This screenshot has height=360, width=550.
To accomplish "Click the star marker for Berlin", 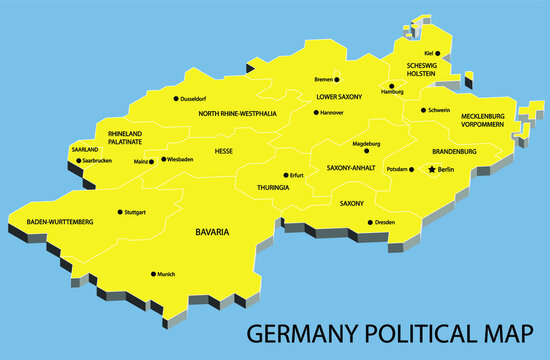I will pos(432,170).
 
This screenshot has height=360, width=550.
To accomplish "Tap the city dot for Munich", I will pos(154,274).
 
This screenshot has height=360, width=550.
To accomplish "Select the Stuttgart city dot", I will pos(120,212).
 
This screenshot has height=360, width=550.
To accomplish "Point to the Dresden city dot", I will pos(370,222).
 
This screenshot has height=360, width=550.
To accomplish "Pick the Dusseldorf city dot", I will pos(176,99).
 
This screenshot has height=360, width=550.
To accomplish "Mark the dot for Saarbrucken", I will pos(77,160).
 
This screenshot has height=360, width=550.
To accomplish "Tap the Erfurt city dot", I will pos(285,175).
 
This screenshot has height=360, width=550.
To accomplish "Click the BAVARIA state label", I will pos(211,232).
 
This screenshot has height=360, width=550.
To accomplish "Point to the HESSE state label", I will pos(224,151).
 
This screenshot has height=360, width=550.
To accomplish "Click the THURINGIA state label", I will pos(273,187).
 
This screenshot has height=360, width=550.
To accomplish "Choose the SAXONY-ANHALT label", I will pos(351,168).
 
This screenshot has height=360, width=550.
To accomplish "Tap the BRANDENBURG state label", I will pos(454,151).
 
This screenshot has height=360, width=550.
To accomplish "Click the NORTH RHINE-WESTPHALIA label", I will pos(237,114).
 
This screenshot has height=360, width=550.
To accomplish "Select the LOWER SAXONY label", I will pos(339,97).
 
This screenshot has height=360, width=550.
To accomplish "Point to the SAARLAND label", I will pos(85,149).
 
